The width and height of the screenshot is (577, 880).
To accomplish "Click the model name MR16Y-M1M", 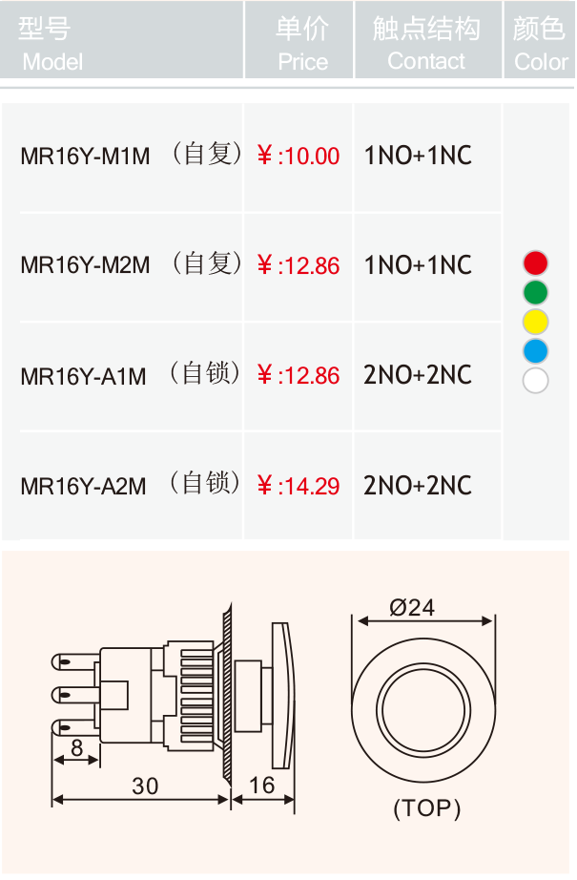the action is [85, 156].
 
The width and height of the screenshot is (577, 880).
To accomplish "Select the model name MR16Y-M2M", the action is [85, 265].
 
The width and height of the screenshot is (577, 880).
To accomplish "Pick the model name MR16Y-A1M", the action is [83, 376].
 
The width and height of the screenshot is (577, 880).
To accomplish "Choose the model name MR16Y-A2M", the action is [83, 486].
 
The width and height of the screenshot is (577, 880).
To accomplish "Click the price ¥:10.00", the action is [299, 156].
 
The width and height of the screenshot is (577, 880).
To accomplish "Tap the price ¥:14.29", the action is [299, 486].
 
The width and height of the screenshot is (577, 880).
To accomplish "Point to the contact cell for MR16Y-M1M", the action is [418, 156].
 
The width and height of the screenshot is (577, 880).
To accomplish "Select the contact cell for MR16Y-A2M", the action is [418, 486].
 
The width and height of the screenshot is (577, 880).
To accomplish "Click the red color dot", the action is [535, 263].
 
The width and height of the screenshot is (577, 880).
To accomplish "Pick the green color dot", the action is [535, 292].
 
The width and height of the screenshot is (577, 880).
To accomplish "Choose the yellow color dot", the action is [535, 323].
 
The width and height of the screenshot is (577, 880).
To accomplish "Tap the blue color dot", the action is [535, 351].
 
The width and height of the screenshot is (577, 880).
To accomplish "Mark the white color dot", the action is [535, 381].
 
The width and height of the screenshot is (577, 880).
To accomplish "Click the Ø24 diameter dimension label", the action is [412, 607].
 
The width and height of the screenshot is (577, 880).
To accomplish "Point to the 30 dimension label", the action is [145, 786].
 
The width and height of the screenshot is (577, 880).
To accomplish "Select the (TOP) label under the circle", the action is [426, 808].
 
